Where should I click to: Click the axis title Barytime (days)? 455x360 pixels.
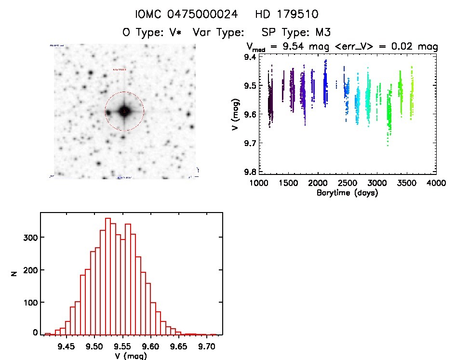coord(347,193)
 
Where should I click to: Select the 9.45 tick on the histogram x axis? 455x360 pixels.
coord(66,346)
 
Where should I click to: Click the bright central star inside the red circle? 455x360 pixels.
coord(124,111)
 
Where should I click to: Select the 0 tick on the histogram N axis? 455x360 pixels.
coord(35,333)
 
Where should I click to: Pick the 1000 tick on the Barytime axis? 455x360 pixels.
coord(259,184)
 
